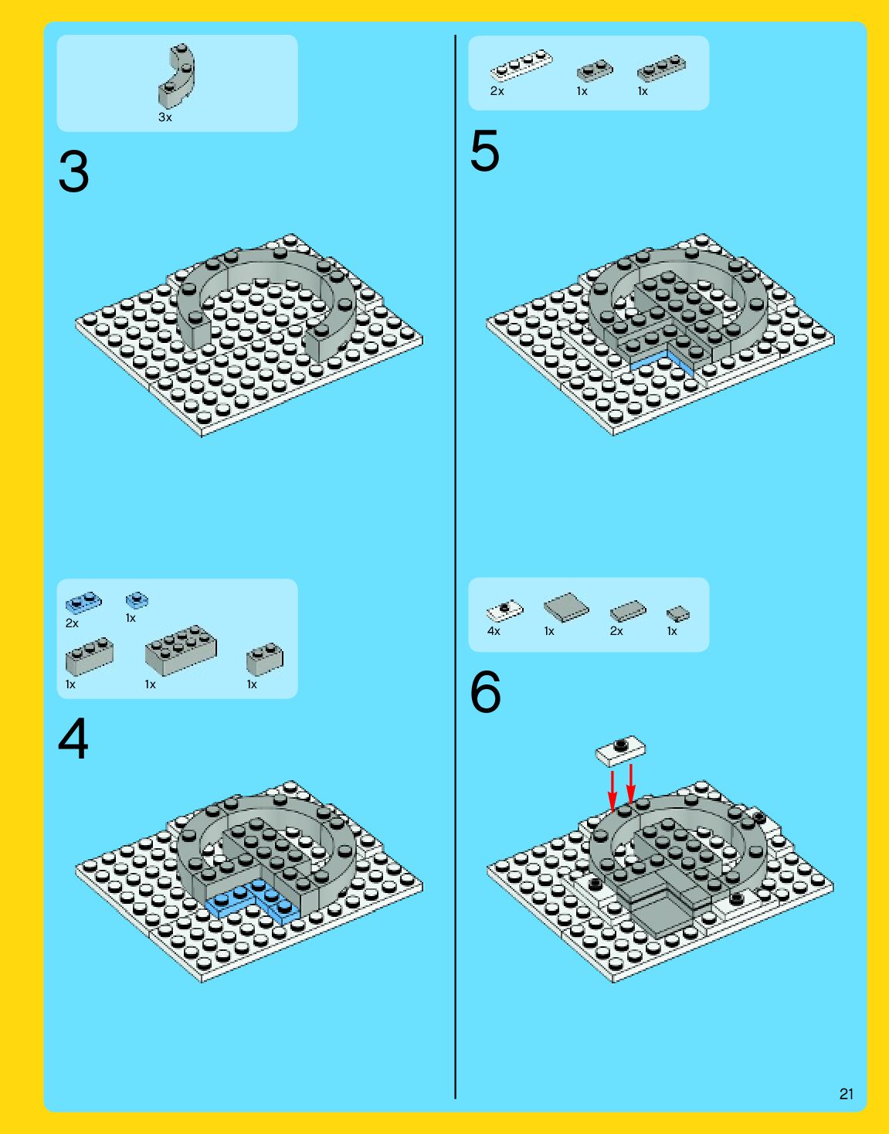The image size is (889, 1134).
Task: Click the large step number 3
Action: [73, 171]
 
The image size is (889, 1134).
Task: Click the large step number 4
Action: [73, 739]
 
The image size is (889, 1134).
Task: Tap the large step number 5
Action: [485, 151]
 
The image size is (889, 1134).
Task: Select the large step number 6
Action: [485, 692]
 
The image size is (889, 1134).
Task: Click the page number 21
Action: [847, 1094]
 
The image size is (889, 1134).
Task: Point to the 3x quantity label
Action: [165, 117]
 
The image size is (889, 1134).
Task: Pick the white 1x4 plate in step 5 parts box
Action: [521, 65]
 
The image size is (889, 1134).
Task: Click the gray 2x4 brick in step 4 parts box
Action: [181, 650]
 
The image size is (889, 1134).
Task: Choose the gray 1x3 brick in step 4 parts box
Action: [90, 656]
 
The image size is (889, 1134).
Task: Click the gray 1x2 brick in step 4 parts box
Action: [264, 659]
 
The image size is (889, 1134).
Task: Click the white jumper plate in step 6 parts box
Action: [504, 610]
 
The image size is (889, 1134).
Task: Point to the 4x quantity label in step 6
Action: [494, 631]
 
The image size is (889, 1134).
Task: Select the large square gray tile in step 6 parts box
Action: [566, 607]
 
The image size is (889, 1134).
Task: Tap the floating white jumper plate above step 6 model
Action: [620, 750]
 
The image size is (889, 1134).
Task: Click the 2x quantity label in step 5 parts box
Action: [497, 91]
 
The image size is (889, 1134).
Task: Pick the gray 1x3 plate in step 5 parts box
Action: [661, 68]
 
